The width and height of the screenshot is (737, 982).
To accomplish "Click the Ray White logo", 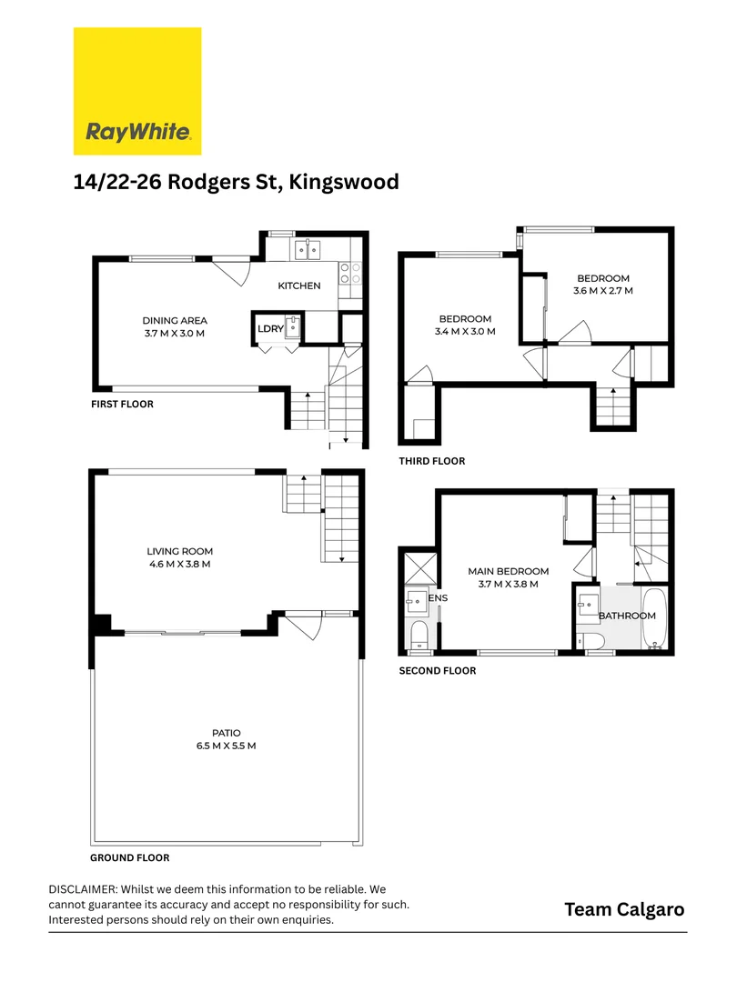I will pyautogui.click(x=137, y=91).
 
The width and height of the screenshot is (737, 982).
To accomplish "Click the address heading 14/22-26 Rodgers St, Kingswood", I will pyautogui.click(x=236, y=182).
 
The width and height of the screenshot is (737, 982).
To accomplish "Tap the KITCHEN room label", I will pyautogui.click(x=299, y=286).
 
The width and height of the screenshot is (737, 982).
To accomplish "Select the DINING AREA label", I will pyautogui.click(x=175, y=320).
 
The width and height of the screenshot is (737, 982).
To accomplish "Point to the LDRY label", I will pyautogui.click(x=269, y=329).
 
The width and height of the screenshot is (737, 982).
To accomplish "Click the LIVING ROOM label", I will pyautogui.click(x=180, y=551).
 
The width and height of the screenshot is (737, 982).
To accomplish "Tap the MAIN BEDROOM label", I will pyautogui.click(x=509, y=571).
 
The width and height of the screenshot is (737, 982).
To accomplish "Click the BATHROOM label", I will pyautogui.click(x=627, y=616).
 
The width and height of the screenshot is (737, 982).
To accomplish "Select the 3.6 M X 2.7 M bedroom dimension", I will pyautogui.click(x=602, y=291).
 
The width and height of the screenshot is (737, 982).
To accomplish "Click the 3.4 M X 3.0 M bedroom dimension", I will pyautogui.click(x=465, y=332).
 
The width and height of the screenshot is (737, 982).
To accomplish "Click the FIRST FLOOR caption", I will pyautogui.click(x=122, y=404).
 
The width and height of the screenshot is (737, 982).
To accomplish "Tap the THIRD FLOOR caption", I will pyautogui.click(x=432, y=461).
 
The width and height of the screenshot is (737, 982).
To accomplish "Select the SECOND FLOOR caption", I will pyautogui.click(x=438, y=671).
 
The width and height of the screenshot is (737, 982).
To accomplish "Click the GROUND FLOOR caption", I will pyautogui.click(x=129, y=857).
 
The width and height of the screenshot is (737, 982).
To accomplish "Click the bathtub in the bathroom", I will pyautogui.click(x=654, y=621).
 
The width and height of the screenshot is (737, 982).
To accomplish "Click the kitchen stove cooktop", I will pyautogui.click(x=350, y=274).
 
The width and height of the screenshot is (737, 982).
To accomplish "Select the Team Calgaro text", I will pyautogui.click(x=624, y=909).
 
